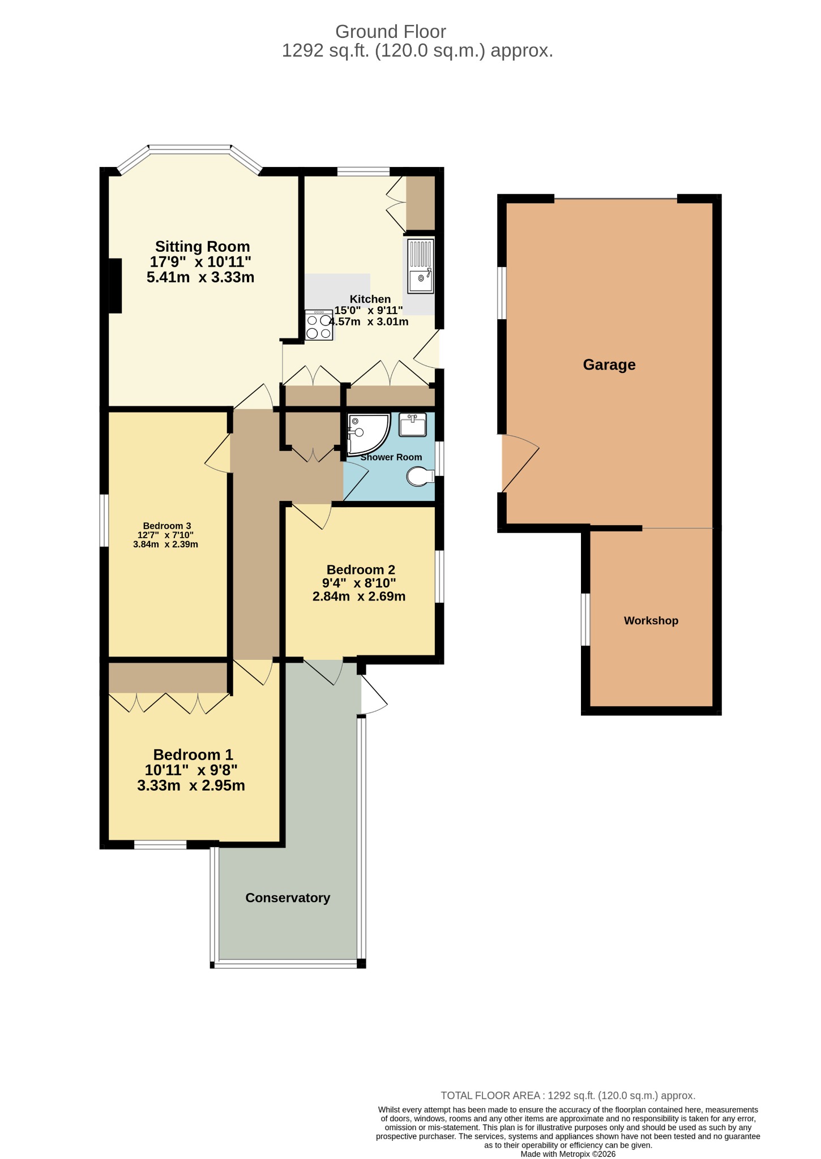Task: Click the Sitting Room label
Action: click(x=202, y=247)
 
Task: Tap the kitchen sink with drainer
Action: click(x=421, y=266)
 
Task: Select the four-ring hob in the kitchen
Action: click(x=319, y=325)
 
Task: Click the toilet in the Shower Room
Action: click(x=420, y=476)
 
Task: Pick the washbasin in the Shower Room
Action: click(x=413, y=425)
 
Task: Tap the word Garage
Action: click(x=609, y=364)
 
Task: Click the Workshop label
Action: click(x=651, y=621)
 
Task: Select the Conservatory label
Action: click(x=288, y=898)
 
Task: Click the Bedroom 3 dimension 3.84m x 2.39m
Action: click(x=165, y=544)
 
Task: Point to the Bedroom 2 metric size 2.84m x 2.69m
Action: click(x=359, y=596)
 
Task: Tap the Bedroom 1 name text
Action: click(x=193, y=754)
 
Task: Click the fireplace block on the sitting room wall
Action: click(x=115, y=286)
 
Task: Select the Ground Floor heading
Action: click(x=391, y=32)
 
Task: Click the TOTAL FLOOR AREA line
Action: click(x=568, y=1096)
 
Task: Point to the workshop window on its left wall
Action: click(x=586, y=619)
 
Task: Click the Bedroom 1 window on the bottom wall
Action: click(x=160, y=845)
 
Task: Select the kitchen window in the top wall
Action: click(x=364, y=170)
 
